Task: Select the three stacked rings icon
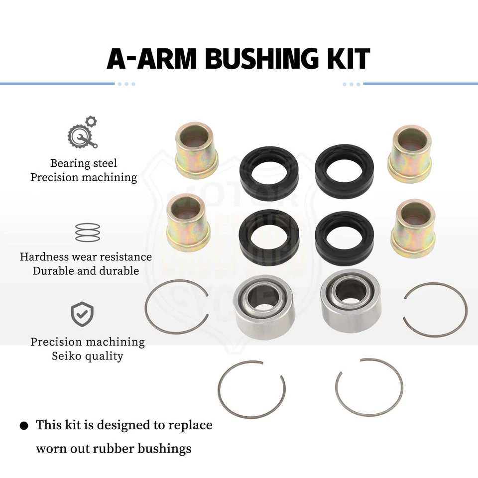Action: [87, 233]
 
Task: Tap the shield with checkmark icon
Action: [83, 313]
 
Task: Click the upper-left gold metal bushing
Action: [196, 149]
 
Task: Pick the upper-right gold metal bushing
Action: [410, 153]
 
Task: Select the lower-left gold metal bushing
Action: [188, 223]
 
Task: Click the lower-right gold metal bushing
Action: [413, 228]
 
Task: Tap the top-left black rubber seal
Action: [269, 172]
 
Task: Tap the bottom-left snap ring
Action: [251, 388]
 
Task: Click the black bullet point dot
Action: [23, 426]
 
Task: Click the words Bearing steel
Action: [84, 163]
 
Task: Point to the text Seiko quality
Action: [88, 356]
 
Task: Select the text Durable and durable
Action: [86, 271]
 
